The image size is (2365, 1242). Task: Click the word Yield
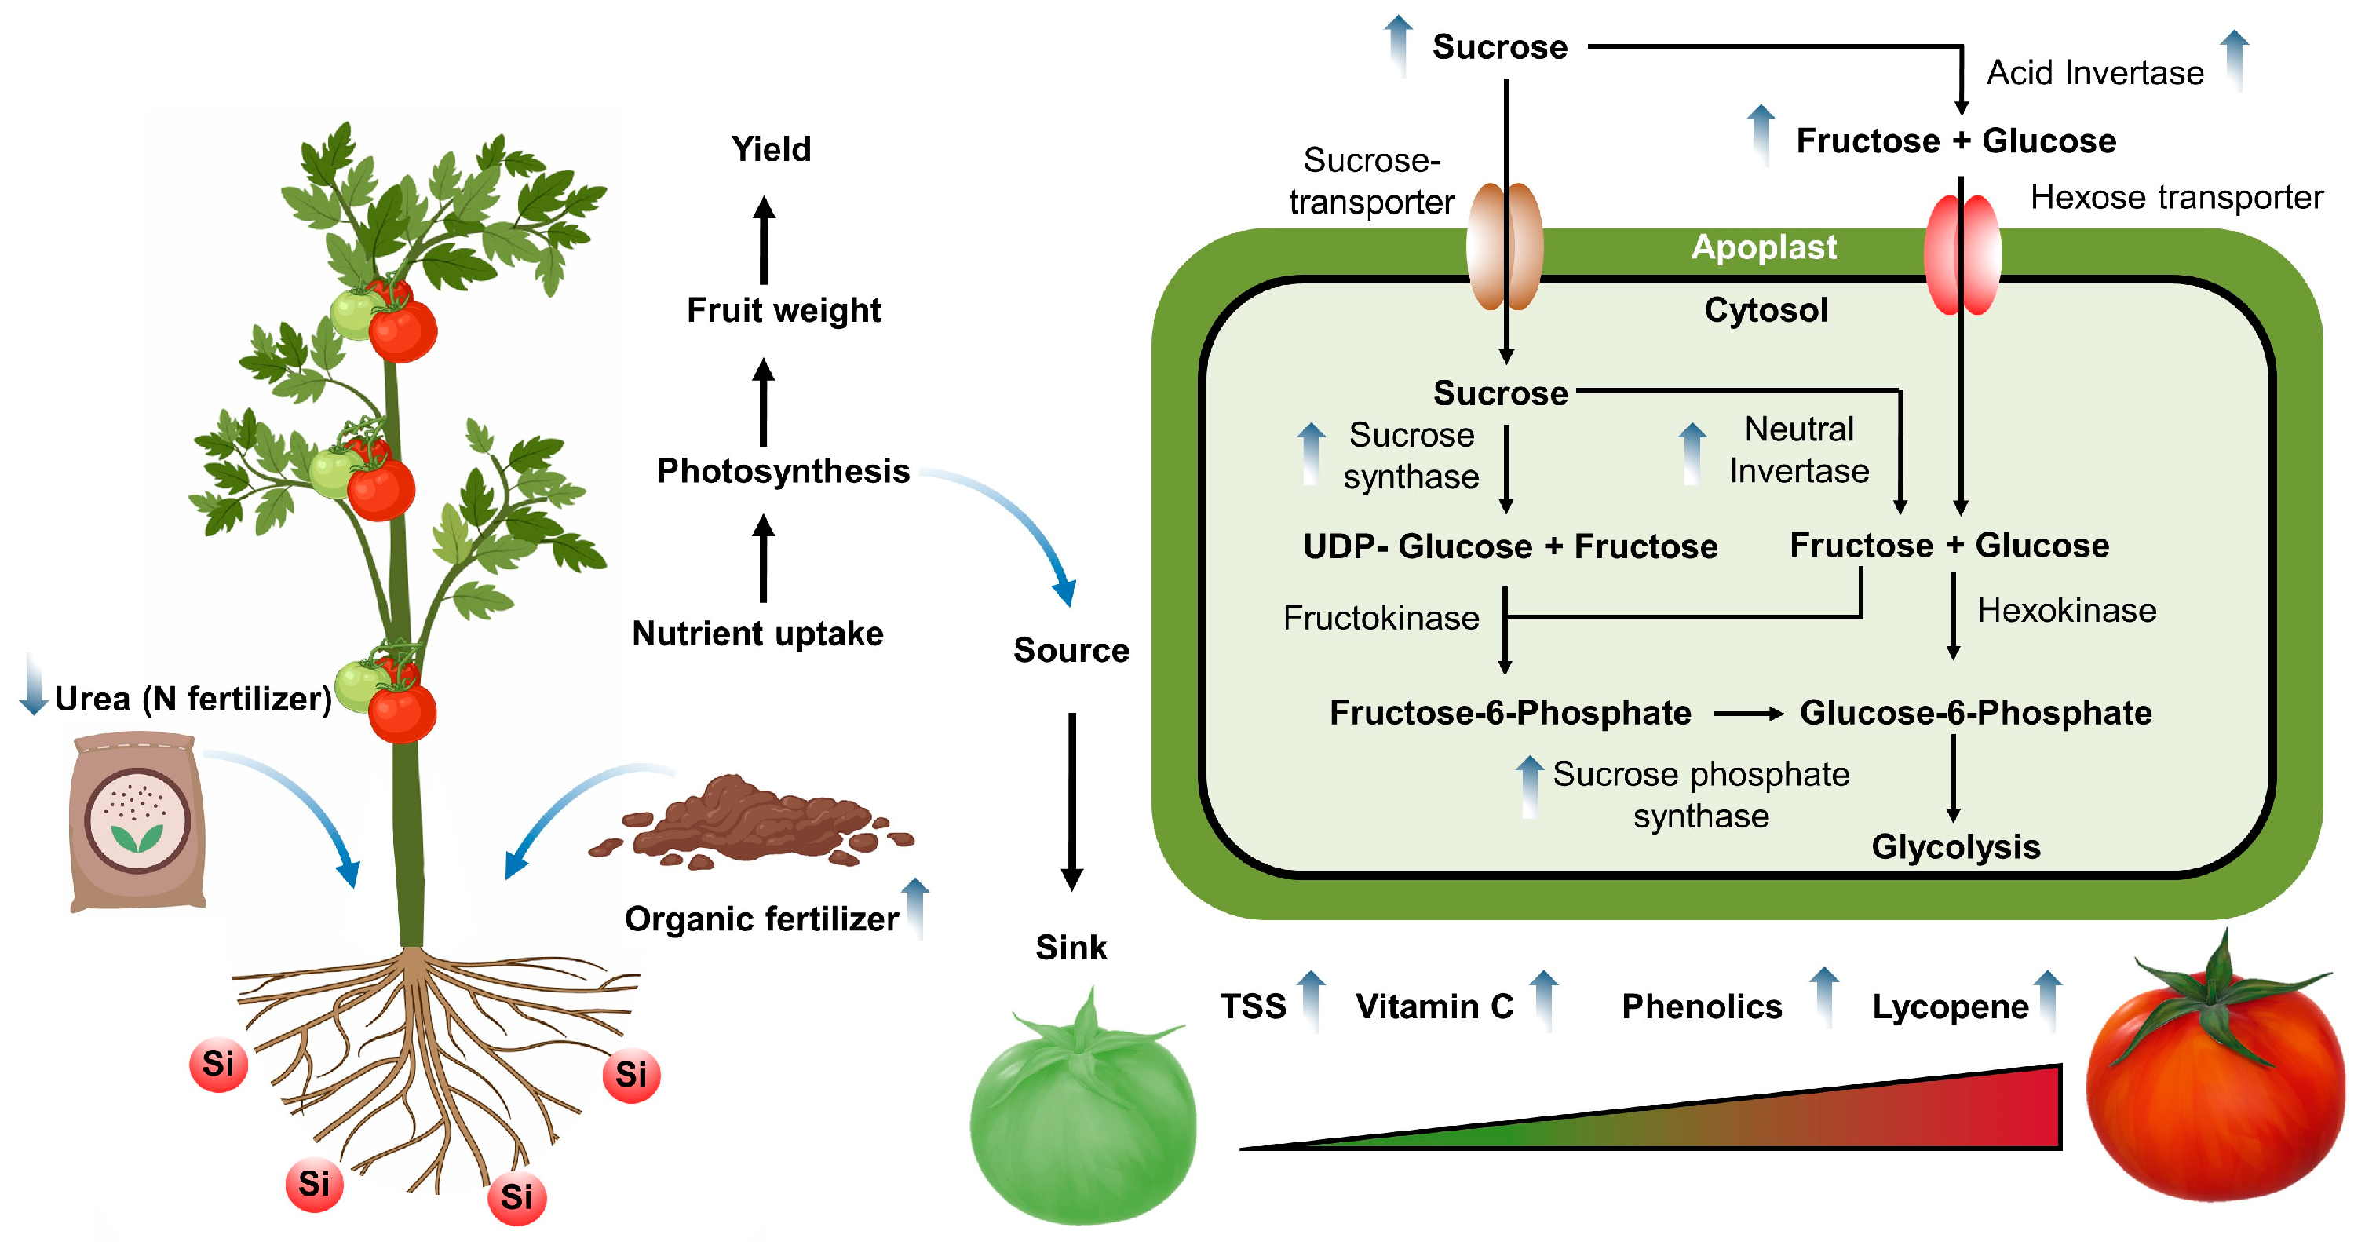[x=771, y=148]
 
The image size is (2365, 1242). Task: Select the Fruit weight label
[x=783, y=310]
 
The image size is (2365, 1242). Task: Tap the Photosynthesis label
[x=783, y=471]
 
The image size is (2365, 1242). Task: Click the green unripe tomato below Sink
[x=1083, y=1116]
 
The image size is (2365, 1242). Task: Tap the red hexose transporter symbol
[x=1962, y=254]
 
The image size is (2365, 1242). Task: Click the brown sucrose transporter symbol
[x=1505, y=246]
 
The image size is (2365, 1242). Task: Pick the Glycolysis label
[x=1955, y=846]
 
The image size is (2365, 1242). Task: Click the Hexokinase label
[x=2066, y=611]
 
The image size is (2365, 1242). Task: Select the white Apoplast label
[x=1764, y=247]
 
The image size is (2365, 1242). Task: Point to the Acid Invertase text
[x=2094, y=72]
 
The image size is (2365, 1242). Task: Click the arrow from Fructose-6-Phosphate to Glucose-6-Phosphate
[x=1747, y=714]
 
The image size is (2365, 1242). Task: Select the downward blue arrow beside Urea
[x=34, y=685]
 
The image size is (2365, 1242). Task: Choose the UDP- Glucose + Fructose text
[x=1510, y=546]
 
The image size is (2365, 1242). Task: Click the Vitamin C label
[x=1434, y=1006]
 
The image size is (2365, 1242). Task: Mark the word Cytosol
[x=1765, y=310]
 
